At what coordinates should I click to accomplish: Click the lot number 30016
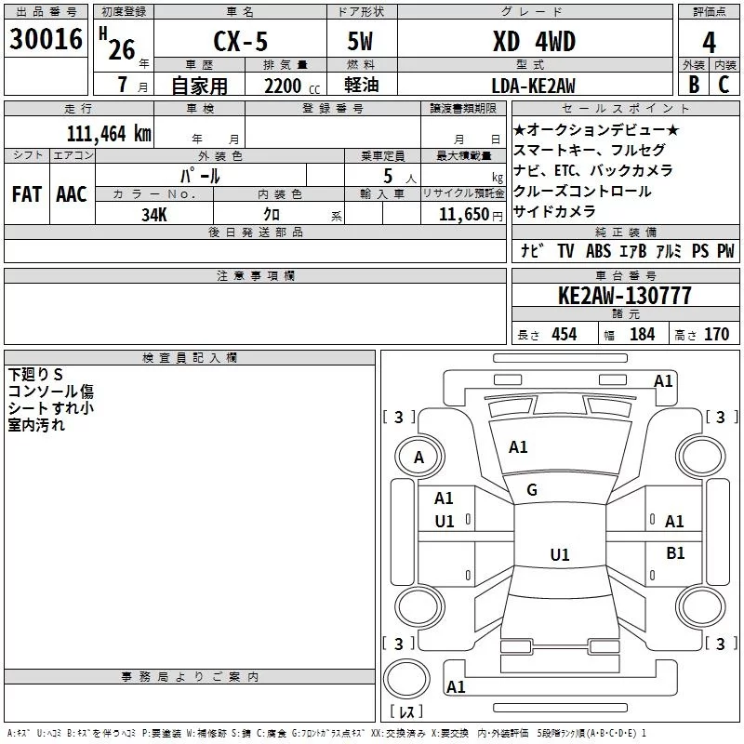pos(46,41)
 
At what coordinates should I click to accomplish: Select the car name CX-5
pos(239,43)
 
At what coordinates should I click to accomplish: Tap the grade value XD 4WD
pos(534,42)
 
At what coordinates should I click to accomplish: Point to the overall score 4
pos(710,42)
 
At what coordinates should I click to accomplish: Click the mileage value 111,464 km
pos(109,133)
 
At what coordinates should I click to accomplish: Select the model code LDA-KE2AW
pos(533,86)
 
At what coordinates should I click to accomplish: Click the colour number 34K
pos(154,214)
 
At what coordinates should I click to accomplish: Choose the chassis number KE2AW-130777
pos(624,296)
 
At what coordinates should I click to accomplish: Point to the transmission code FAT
pos(27,194)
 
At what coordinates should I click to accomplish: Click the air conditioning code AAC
pos(72,194)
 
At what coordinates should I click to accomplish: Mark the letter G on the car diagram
pos(532,490)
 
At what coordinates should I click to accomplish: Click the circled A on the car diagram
pos(418,457)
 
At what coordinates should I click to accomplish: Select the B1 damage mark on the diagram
pos(675,553)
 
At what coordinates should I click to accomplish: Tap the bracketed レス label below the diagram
pos(405,712)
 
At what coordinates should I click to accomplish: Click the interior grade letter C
pos(724,86)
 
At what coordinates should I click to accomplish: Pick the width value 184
pos(642,334)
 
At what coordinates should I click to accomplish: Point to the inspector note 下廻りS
pos(36,374)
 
